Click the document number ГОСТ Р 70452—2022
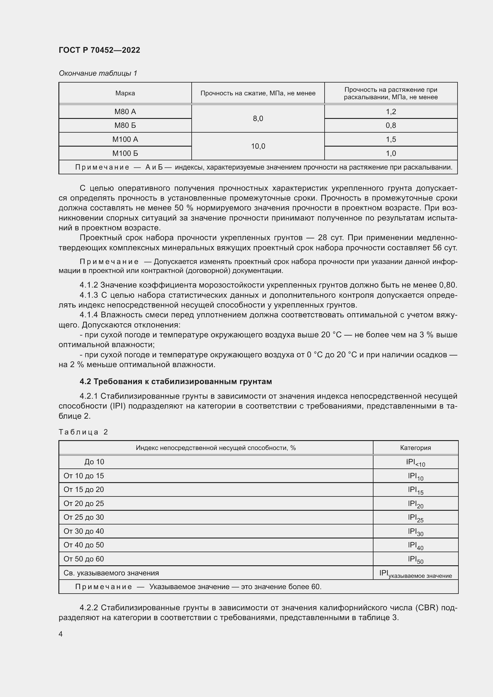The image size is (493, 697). pyautogui.click(x=99, y=50)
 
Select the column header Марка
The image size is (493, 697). pyautogui.click(x=125, y=93)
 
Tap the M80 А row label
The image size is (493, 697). pyautogui.click(x=125, y=112)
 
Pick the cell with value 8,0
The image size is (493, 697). pyautogui.click(x=258, y=119)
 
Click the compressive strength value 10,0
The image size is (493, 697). pyautogui.click(x=258, y=146)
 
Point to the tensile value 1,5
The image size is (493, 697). pyautogui.click(x=391, y=139)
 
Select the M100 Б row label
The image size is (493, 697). pyautogui.click(x=125, y=153)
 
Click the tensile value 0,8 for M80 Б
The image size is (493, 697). pyautogui.click(x=391, y=125)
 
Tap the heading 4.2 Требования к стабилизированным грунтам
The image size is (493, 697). pyautogui.click(x=176, y=382)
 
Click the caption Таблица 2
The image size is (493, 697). pyautogui.click(x=83, y=432)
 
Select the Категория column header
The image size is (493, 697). pyautogui.click(x=415, y=448)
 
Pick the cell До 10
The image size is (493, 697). pyautogui.click(x=94, y=462)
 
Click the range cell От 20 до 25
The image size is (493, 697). pyautogui.click(x=83, y=503)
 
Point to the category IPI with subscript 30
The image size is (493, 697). pyautogui.click(x=415, y=532)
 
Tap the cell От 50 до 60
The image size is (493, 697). pyautogui.click(x=83, y=559)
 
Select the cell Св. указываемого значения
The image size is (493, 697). pyautogui.click(x=111, y=573)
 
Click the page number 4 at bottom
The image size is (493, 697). pyautogui.click(x=61, y=634)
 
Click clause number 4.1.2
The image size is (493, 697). pyautogui.click(x=89, y=285)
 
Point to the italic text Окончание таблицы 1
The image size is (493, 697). pyautogui.click(x=98, y=73)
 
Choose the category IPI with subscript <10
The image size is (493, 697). pyautogui.click(x=415, y=462)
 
